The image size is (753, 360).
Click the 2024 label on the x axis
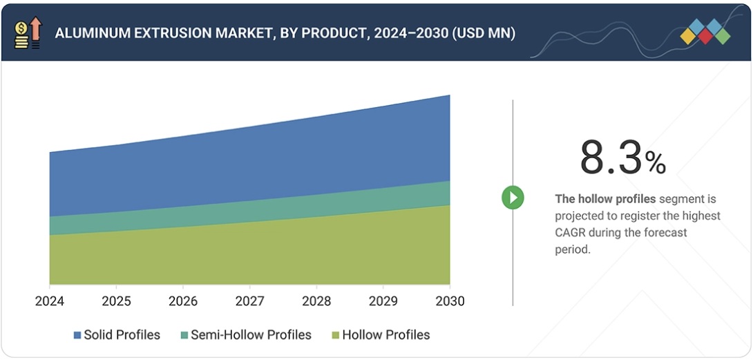[50, 301]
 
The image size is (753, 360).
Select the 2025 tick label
[116, 301]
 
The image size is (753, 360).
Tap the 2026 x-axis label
[183, 301]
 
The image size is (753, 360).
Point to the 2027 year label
[249, 301]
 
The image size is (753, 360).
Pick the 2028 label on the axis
[316, 301]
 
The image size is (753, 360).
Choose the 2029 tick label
[383, 301]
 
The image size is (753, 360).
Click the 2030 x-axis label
[450, 301]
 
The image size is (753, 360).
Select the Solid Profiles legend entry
[122, 335]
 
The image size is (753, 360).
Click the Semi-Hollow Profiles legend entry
[251, 335]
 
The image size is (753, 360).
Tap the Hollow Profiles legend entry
[385, 335]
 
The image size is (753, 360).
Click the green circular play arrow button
[513, 198]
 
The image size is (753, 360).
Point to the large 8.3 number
[611, 158]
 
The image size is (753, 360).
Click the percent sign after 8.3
[656, 163]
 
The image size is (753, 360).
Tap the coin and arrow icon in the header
[28, 32]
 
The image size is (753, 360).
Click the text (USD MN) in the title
[484, 33]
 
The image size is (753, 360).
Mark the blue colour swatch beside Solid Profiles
[77, 336]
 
